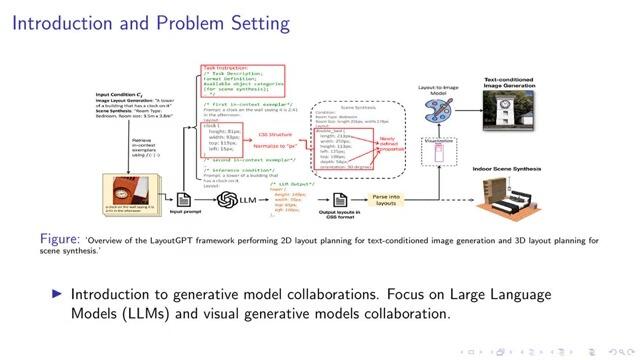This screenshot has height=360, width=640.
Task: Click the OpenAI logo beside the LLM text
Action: click(221, 200)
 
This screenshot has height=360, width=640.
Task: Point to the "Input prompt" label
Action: click(180, 213)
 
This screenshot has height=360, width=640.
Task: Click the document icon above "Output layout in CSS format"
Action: click(339, 200)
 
